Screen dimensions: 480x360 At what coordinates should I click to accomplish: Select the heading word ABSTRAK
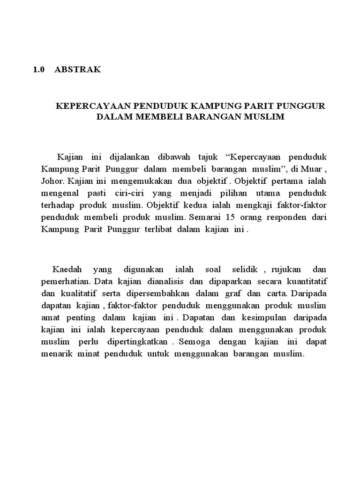pyautogui.click(x=77, y=70)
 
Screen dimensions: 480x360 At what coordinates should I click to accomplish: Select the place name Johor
pyautogui.click(x=52, y=180)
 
